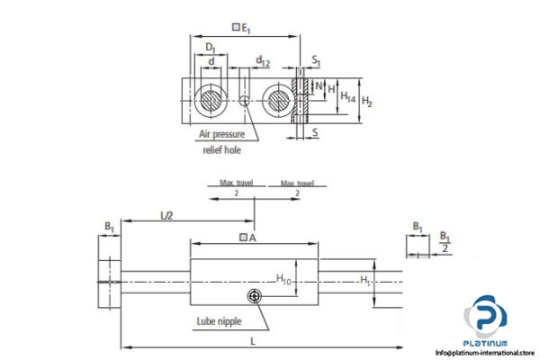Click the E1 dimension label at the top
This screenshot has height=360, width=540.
click(x=244, y=28)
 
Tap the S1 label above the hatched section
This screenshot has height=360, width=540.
click(x=316, y=61)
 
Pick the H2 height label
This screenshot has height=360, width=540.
click(x=366, y=100)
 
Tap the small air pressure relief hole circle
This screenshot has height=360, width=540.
click(x=246, y=100)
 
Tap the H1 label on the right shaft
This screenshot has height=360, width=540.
click(x=364, y=281)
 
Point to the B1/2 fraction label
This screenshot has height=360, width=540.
click(x=444, y=241)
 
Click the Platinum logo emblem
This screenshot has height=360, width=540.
click(x=485, y=319)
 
